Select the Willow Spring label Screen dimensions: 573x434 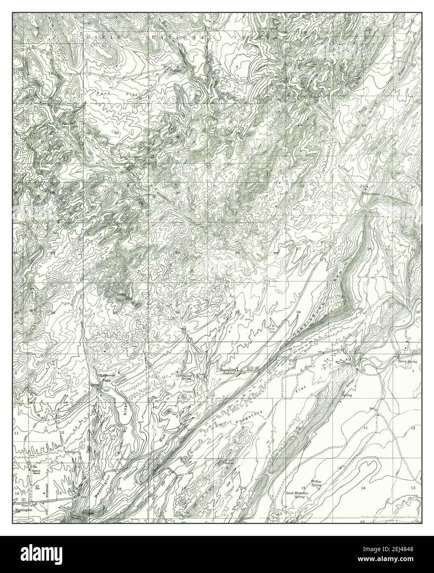[x=316, y=483]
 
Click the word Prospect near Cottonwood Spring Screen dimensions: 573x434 [x=188, y=392]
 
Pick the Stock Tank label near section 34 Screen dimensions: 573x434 [x=272, y=329]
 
